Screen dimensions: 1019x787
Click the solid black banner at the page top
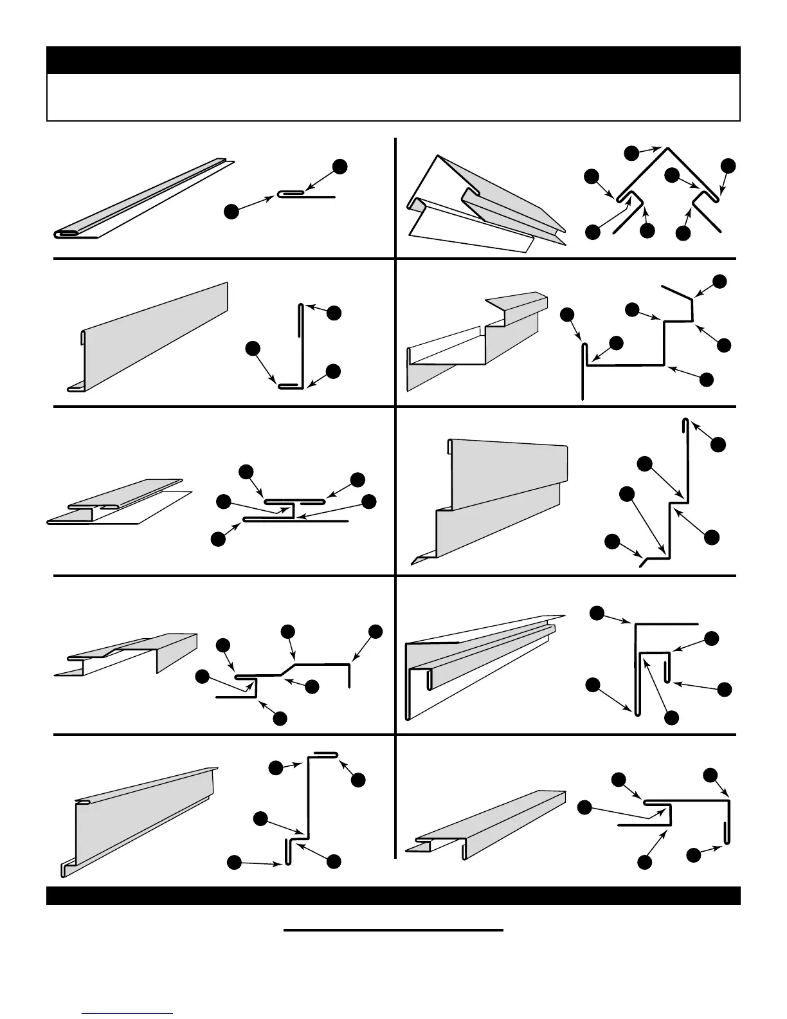click(393, 60)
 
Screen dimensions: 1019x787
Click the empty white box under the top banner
click(393, 97)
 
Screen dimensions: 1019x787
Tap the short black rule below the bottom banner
click(393, 930)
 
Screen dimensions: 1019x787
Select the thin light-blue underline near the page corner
click(127, 1014)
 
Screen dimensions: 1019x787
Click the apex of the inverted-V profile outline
click(667, 149)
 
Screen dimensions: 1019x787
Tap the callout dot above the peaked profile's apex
click(632, 152)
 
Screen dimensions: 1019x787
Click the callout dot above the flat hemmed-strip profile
click(340, 167)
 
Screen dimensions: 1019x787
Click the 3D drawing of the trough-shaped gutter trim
click(476, 341)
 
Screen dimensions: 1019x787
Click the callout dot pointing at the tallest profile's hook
click(718, 444)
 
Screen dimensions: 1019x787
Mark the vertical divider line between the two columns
click(395, 495)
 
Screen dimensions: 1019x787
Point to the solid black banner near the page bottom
click(393, 895)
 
